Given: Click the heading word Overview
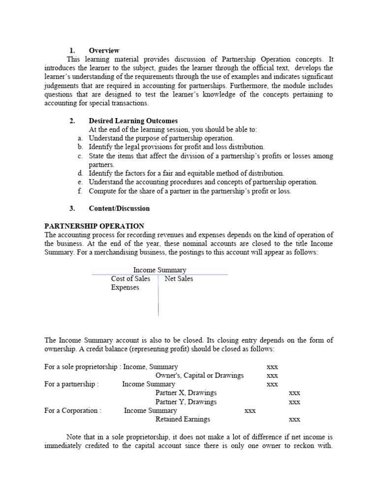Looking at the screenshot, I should [x=104, y=50].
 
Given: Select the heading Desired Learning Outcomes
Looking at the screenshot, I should [x=133, y=121].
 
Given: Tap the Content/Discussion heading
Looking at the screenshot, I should [x=119, y=208].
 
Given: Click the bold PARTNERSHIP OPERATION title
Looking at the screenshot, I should [x=94, y=226].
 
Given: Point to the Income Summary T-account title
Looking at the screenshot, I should [x=159, y=270].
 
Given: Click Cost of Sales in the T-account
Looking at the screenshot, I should [x=130, y=279].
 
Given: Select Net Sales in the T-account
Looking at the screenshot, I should [x=179, y=279].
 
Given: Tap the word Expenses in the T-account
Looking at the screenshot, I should [x=125, y=287].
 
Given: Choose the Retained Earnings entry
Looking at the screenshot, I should [x=183, y=419].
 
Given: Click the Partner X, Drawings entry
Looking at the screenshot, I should [x=186, y=393].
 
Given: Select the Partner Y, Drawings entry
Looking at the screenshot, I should [x=186, y=402].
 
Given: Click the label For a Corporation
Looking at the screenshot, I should [x=73, y=410].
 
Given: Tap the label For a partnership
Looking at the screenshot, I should [x=71, y=384].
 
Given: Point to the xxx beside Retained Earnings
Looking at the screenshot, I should [x=294, y=420].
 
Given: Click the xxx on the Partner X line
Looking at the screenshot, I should [x=294, y=393].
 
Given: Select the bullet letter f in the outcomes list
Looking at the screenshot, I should [x=80, y=191].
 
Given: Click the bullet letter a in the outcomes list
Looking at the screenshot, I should [x=80, y=138].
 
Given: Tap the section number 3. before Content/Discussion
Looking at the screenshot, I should [x=72, y=208].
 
